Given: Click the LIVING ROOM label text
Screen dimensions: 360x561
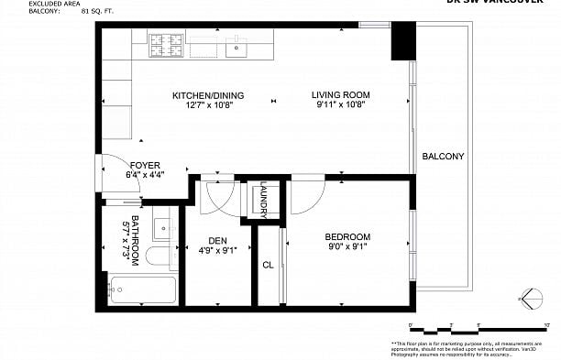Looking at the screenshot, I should point(340,95).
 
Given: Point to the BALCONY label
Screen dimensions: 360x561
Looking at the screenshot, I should point(443,157).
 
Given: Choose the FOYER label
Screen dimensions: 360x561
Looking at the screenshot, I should point(145,166).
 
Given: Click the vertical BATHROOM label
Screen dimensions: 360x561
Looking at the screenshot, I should point(134,240).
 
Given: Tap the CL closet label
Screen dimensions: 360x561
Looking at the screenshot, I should point(268,266).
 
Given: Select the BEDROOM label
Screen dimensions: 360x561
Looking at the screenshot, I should point(348,236).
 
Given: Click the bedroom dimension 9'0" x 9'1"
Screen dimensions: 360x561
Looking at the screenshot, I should point(348,245).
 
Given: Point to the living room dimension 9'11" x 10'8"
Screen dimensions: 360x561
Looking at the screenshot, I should point(340,104).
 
